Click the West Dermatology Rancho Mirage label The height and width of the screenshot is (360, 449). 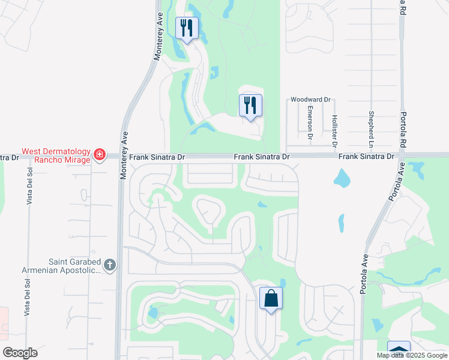[x=56, y=156]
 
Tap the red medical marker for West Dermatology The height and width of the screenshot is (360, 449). [x=100, y=156]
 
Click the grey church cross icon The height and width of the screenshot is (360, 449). [x=109, y=264]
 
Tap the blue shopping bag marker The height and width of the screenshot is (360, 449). [x=271, y=298]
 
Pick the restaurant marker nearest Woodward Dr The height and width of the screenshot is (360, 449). [x=250, y=106]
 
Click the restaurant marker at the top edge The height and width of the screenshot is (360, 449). [x=187, y=28]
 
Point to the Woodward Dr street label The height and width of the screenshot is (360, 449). [x=310, y=100]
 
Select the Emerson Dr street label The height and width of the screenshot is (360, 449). [x=310, y=122]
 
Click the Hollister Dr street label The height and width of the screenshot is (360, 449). [x=334, y=130]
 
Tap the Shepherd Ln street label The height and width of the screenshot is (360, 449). [x=372, y=129]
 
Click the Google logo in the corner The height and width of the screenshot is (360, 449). [x=20, y=353]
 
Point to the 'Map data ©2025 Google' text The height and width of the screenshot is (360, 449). [x=412, y=355]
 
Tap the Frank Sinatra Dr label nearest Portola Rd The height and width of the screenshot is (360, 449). [x=366, y=156]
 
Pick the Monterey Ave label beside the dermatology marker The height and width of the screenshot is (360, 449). [x=125, y=152]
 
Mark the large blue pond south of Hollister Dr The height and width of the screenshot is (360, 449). [x=342, y=178]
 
